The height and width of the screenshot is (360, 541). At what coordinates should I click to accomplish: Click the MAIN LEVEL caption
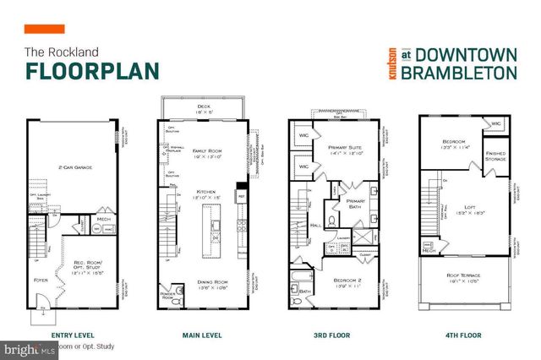[202, 335]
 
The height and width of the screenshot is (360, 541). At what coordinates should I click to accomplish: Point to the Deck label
[203, 106]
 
